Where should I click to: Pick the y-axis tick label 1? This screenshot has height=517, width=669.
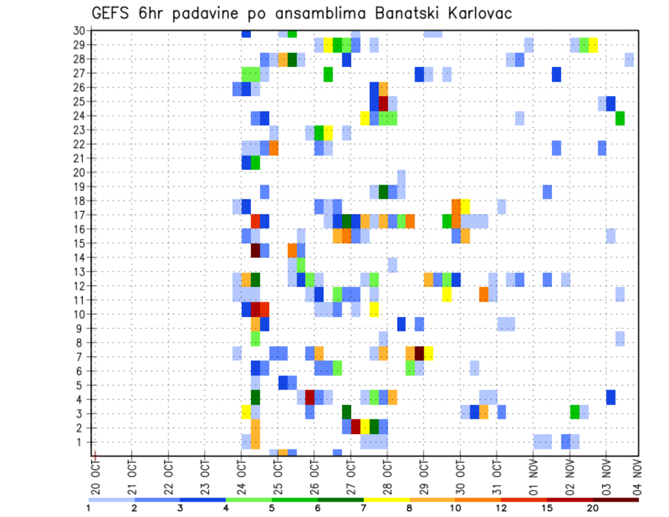82,442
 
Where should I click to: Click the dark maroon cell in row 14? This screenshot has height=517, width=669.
256,249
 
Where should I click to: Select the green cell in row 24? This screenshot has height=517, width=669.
620,118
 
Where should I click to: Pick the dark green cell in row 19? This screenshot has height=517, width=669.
383,191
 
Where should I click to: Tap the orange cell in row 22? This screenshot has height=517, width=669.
274,148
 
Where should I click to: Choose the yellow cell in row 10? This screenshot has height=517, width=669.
374,309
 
